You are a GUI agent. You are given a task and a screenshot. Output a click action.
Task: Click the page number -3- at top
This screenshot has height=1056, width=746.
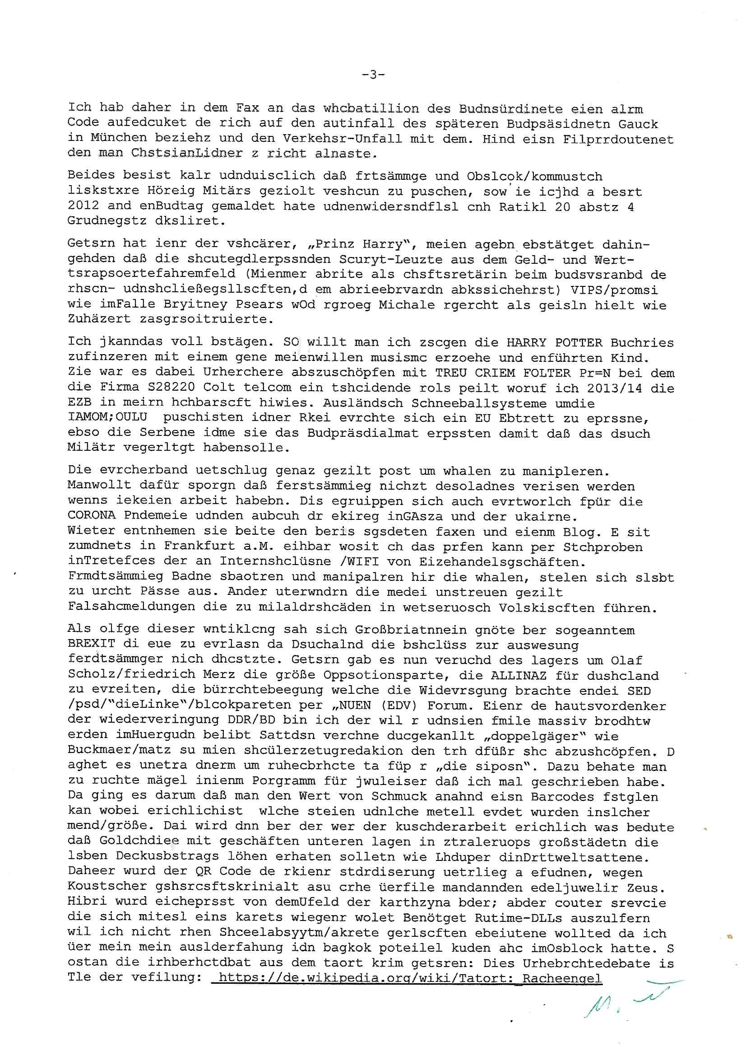click(373, 75)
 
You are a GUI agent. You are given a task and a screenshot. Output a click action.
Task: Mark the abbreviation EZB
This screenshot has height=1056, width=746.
click(79, 403)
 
